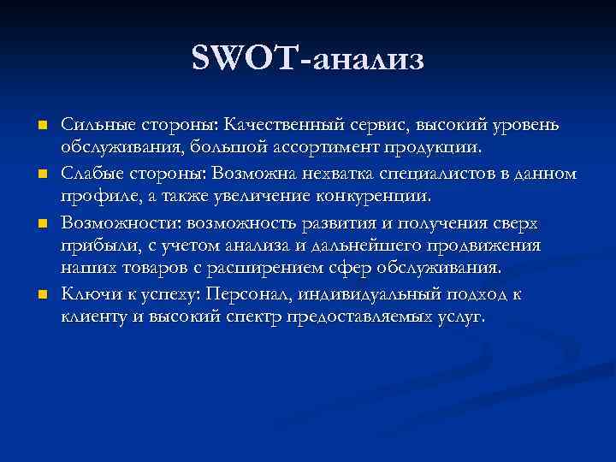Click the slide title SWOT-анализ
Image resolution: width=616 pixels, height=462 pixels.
click(308, 60)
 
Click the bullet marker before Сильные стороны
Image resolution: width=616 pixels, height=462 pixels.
click(40, 127)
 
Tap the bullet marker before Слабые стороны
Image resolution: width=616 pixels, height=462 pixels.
click(40, 175)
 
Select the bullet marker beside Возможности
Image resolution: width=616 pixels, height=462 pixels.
click(40, 223)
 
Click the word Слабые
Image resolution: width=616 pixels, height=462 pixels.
click(88, 174)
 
